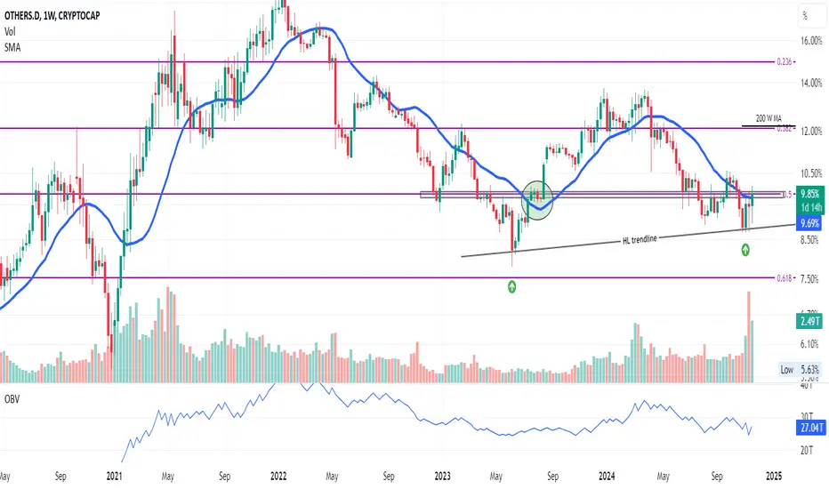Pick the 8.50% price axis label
point(808,240)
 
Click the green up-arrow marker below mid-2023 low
point(512,286)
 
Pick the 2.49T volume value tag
point(809,322)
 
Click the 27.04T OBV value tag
point(809,426)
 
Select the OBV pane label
point(12,399)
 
